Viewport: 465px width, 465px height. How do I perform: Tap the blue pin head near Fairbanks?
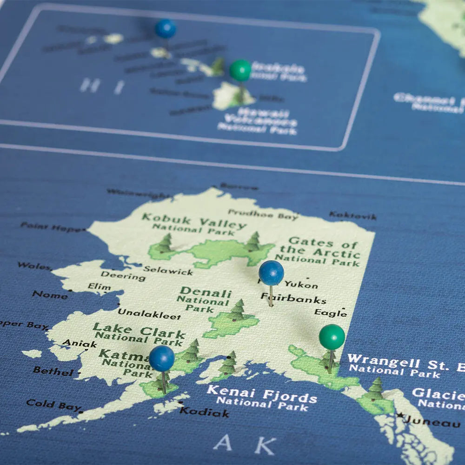[x=271, y=273]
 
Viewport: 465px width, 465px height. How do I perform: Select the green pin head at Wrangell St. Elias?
[x=332, y=337]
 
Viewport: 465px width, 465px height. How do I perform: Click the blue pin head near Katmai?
[x=162, y=358]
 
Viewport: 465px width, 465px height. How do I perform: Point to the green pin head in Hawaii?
[x=240, y=70]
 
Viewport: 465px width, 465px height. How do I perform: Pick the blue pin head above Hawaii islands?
[x=166, y=29]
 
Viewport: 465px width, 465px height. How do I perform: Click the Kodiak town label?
[x=204, y=412]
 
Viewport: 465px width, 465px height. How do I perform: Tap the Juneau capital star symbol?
[x=399, y=415]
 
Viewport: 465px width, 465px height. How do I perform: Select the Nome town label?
[x=50, y=295]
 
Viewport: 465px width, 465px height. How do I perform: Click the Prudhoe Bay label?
[x=263, y=214]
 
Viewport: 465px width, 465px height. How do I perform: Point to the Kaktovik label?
[x=352, y=216]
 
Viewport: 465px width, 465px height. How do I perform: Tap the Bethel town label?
[x=53, y=371]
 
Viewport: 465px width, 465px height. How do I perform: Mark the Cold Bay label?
[x=53, y=405]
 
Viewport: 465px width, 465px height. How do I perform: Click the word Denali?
[x=205, y=293]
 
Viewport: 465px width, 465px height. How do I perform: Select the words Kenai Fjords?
[x=262, y=394]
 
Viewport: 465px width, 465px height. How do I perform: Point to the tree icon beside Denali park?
[x=238, y=310]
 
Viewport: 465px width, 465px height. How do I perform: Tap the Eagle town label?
[x=330, y=313]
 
